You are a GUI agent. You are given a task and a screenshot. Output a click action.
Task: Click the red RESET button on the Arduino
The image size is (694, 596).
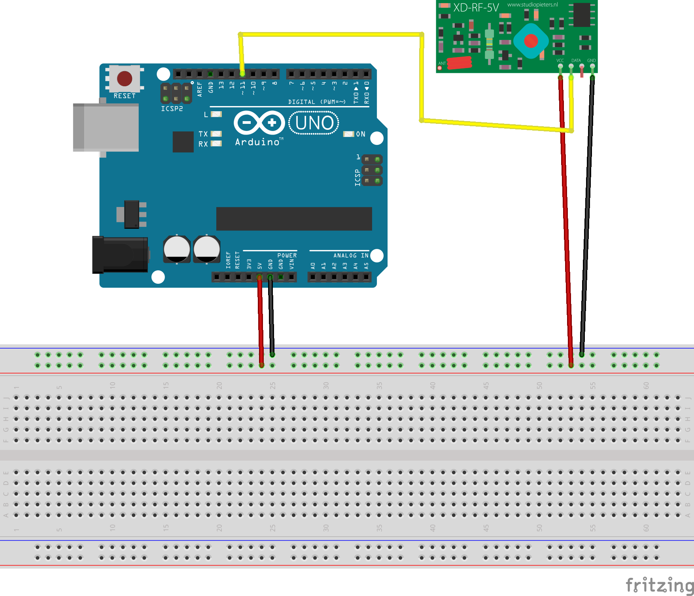click(125, 79)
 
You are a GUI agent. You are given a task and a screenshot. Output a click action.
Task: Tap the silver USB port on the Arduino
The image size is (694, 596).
click(106, 127)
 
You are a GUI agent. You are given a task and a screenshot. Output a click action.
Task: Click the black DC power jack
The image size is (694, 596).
click(120, 255)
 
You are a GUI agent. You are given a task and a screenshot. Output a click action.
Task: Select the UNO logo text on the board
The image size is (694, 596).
click(314, 123)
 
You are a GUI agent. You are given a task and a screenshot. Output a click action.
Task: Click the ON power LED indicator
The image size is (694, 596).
click(348, 134)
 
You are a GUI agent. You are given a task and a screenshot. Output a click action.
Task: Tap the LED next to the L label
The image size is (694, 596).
click(216, 114)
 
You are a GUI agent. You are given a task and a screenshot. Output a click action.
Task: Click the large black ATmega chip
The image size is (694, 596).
click(294, 218)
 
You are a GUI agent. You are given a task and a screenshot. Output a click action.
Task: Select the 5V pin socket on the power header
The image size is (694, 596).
click(259, 277)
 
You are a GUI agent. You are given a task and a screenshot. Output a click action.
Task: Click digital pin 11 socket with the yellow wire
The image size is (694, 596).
click(242, 74)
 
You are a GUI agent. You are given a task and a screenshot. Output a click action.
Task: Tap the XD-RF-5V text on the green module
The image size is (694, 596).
click(476, 8)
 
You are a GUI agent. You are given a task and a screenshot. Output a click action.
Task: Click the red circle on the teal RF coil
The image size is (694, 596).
click(531, 40)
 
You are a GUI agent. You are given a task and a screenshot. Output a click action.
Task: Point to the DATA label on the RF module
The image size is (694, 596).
click(576, 61)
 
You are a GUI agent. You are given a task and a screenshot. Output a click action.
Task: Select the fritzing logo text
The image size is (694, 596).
click(660, 585)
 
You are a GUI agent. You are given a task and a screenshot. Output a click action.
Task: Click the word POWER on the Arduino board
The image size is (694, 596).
click(287, 256)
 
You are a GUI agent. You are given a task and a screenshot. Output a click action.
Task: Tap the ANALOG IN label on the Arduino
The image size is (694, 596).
click(351, 256)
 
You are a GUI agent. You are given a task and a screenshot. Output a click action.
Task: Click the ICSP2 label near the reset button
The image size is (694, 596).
click(172, 109)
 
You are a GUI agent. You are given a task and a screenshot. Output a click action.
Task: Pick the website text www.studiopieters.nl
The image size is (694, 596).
click(532, 5)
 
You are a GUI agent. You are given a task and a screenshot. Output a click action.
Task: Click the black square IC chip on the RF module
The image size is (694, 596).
click(582, 15)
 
